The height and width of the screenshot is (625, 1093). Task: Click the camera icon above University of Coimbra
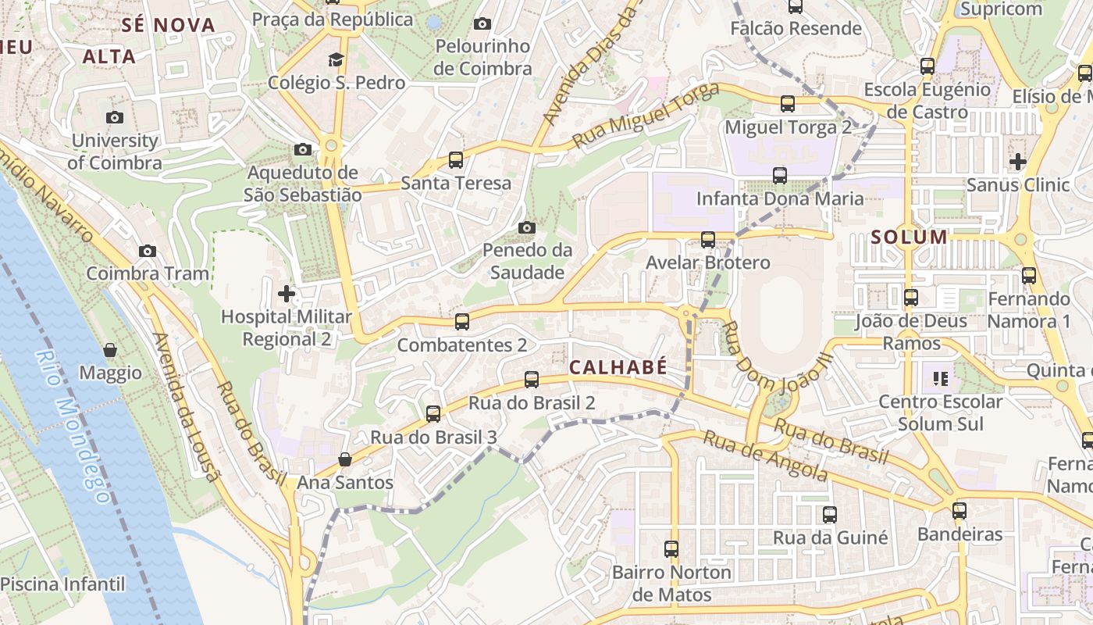[x=115, y=118]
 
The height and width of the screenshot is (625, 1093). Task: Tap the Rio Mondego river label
[x=73, y=426]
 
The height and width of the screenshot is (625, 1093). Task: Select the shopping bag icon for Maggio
[x=110, y=350]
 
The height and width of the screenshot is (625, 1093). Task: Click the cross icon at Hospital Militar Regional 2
[x=287, y=294]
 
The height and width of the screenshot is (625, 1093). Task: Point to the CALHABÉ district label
[x=618, y=367]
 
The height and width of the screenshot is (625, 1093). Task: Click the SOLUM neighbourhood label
[x=909, y=237]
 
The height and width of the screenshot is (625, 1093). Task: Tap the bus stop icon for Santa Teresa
[x=456, y=160]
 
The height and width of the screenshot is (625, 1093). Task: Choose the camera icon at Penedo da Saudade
[x=527, y=227]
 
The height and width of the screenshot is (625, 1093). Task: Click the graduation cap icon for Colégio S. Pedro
[x=336, y=59]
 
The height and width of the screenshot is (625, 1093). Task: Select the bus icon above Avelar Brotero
[x=708, y=240]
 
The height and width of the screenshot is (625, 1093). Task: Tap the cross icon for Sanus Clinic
[x=1018, y=162]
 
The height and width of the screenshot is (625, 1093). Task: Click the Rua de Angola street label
[x=764, y=455]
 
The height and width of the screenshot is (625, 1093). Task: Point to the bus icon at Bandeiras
[x=959, y=511]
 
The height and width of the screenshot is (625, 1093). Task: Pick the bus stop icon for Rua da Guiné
[x=830, y=515]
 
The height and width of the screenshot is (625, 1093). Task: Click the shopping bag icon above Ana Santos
[x=344, y=459]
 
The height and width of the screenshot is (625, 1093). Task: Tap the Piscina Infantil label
[x=62, y=584]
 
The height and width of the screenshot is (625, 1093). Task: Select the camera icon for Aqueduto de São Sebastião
[x=303, y=149]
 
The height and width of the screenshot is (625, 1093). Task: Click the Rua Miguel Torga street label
[x=645, y=116]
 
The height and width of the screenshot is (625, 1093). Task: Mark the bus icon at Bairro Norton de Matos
[x=671, y=549]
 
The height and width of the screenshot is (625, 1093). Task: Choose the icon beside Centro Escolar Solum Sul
[x=940, y=379]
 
